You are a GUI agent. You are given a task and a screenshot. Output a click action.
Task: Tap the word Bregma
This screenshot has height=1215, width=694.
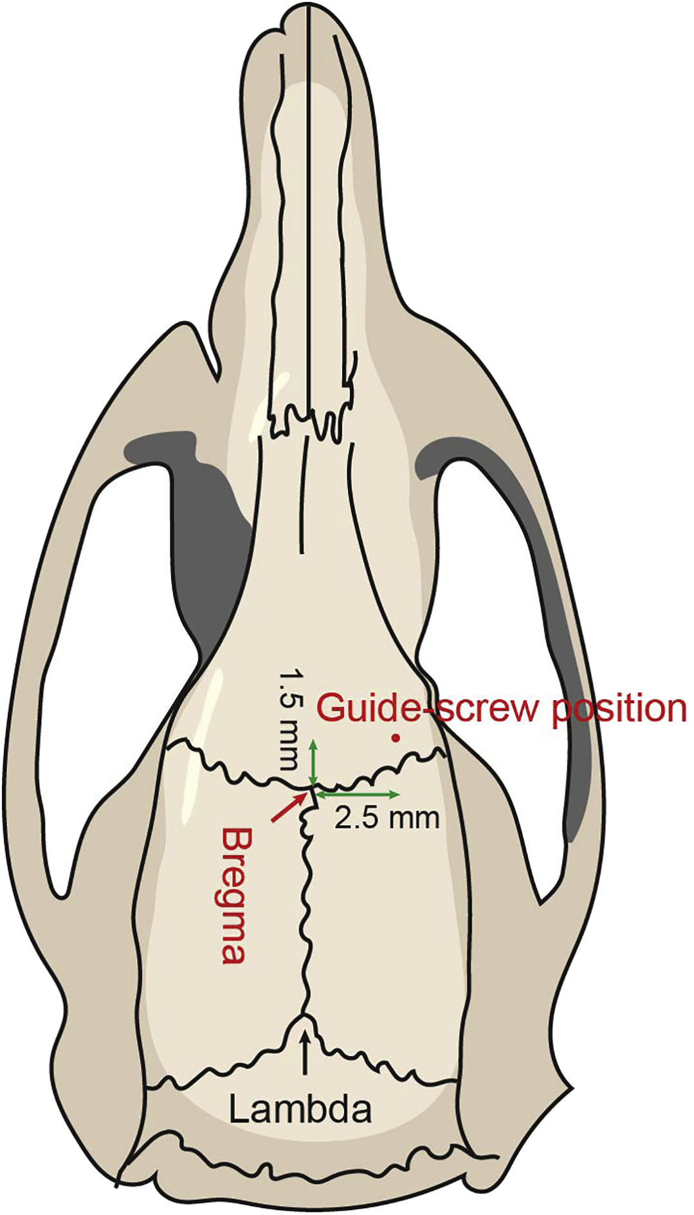(x=232, y=895)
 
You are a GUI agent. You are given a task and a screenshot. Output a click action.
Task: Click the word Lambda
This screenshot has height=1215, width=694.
(x=300, y=1109)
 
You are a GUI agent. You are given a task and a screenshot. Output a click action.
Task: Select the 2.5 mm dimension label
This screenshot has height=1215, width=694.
(x=387, y=818)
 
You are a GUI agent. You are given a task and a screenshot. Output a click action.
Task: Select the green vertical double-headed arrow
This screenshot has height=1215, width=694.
(x=313, y=764)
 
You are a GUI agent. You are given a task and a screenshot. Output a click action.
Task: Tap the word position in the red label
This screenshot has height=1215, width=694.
(x=619, y=709)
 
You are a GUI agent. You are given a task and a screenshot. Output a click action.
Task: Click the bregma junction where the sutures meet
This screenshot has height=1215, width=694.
(x=313, y=786)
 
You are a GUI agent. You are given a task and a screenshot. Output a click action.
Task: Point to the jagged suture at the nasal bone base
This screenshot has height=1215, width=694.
(x=307, y=422)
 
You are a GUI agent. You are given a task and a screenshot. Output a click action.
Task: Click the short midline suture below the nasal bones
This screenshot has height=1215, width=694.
(x=301, y=496)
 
